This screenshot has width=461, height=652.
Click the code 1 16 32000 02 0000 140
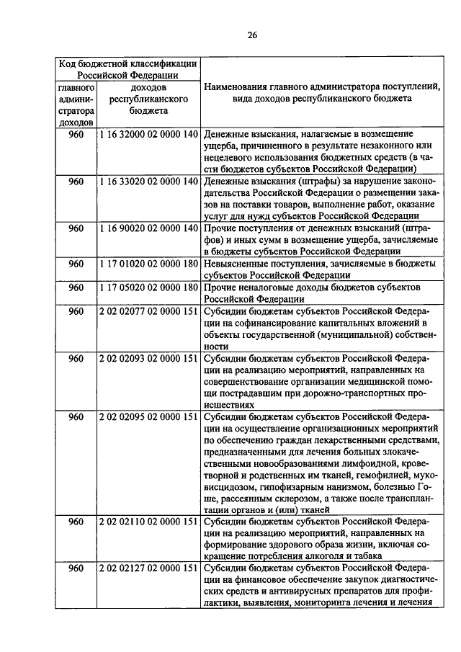pos(148,134)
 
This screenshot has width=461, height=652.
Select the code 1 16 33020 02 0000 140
pos(148,181)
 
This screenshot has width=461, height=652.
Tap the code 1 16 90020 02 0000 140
pos(148,228)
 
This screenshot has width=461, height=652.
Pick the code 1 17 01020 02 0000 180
pos(148,264)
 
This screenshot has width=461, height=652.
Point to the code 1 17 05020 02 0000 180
pos(148,287)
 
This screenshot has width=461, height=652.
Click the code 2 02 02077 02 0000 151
pos(148,311)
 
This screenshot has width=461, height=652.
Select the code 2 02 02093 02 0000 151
pos(148,358)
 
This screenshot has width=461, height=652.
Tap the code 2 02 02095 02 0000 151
pos(148,417)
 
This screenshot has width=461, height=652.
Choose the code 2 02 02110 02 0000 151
pos(148,521)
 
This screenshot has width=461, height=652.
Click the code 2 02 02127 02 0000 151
pos(148,568)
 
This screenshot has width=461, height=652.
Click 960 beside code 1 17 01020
pos(76,264)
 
